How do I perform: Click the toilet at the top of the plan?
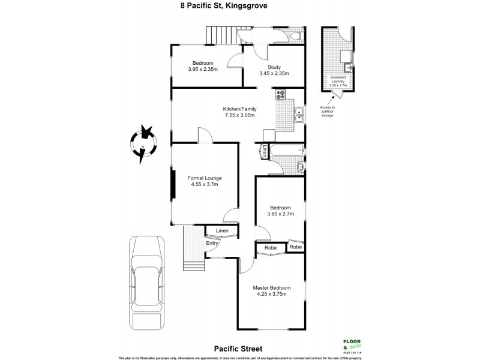click(293, 37)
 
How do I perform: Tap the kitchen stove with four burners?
click(281, 94)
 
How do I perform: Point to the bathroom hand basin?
click(300, 166)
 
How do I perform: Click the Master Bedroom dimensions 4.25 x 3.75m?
click(274, 294)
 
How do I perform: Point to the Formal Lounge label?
click(205, 178)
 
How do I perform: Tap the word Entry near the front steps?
click(212, 243)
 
